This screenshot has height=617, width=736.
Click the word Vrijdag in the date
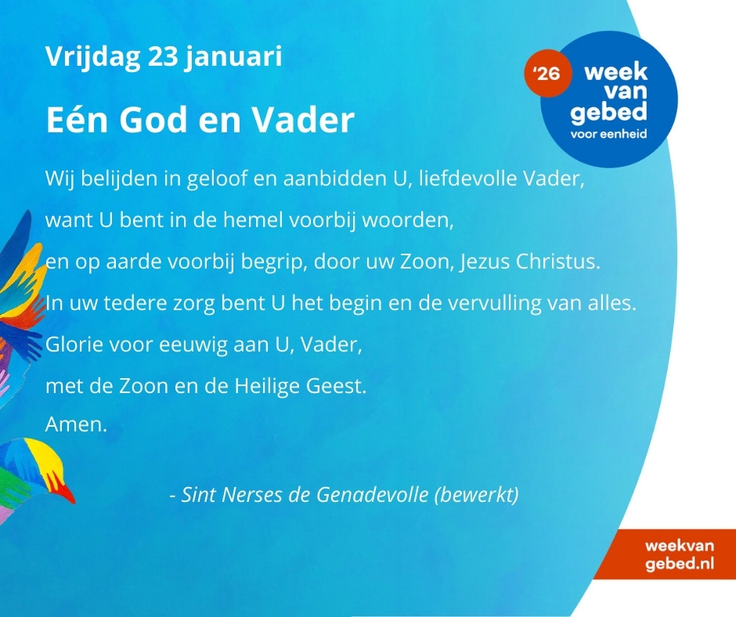tap(93, 57)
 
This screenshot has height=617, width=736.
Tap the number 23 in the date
tap(163, 56)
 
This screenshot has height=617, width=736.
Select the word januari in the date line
tap(233, 57)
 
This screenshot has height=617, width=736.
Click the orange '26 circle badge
tap(548, 74)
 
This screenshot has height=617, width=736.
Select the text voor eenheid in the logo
tap(609, 134)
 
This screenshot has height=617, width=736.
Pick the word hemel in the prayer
tap(253, 220)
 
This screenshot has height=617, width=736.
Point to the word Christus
tap(558, 262)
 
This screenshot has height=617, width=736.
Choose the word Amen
tap(77, 424)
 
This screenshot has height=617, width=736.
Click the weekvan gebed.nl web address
tap(679, 554)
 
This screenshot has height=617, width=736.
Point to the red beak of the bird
tap(67, 493)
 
